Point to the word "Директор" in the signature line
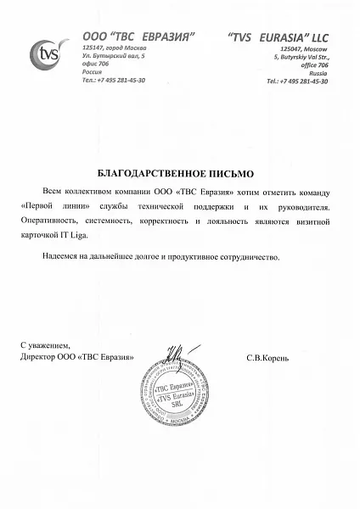[x=39, y=357]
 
